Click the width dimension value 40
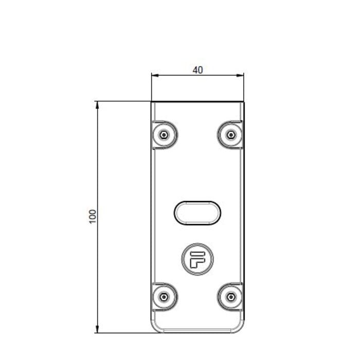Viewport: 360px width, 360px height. [197, 70]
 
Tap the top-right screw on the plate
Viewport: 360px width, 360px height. [230, 135]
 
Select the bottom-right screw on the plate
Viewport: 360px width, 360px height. [230, 297]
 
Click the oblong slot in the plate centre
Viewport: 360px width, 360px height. [197, 212]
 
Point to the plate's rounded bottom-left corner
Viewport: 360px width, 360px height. [154, 329]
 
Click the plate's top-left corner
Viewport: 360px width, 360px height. [152, 102]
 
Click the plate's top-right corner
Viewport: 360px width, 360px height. [244, 102]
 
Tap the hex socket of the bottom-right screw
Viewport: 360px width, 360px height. [230, 297]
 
